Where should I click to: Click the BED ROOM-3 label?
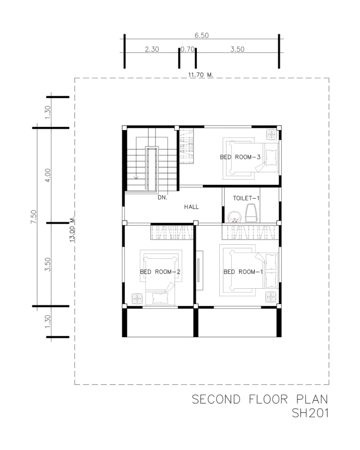[240, 157]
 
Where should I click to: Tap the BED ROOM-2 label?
[160, 272]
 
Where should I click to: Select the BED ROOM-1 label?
[243, 272]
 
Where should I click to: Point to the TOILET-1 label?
[246, 198]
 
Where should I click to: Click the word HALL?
[192, 207]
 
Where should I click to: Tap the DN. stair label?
[163, 197]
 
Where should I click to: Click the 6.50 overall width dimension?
[201, 35]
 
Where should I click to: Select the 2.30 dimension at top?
[152, 49]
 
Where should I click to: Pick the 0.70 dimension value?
[187, 49]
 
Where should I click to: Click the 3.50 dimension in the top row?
[237, 49]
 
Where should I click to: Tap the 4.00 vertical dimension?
[47, 175]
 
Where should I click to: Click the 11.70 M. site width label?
[201, 75]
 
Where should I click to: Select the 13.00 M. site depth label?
[72, 229]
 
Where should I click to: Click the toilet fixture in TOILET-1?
[251, 213]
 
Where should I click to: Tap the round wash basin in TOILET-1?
[235, 217]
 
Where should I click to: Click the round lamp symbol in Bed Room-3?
[271, 134]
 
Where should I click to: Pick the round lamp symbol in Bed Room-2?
[137, 299]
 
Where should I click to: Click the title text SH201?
[310, 413]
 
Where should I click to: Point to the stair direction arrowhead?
[136, 178]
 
